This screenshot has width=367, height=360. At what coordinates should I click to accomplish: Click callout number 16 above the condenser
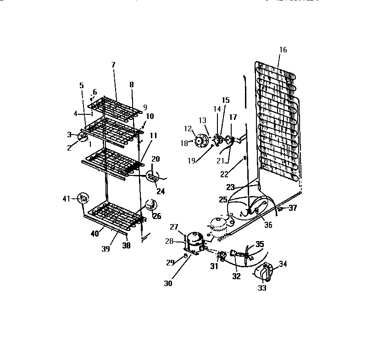pos(283,50)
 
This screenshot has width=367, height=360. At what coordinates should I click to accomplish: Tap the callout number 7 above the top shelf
pos(113,65)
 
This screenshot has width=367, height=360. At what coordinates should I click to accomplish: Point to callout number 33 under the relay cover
pos(262,288)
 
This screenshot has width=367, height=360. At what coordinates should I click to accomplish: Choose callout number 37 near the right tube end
pos(292,208)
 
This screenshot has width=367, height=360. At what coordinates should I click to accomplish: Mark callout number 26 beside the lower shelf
pos(156,216)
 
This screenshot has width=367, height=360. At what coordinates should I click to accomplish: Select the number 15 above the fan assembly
pos(225,100)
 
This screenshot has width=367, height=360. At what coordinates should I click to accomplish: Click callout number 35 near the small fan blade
pos(260,244)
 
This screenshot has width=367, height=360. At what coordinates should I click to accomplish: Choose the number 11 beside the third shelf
pos(153,135)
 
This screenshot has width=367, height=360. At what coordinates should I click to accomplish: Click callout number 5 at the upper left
pos(82,85)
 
